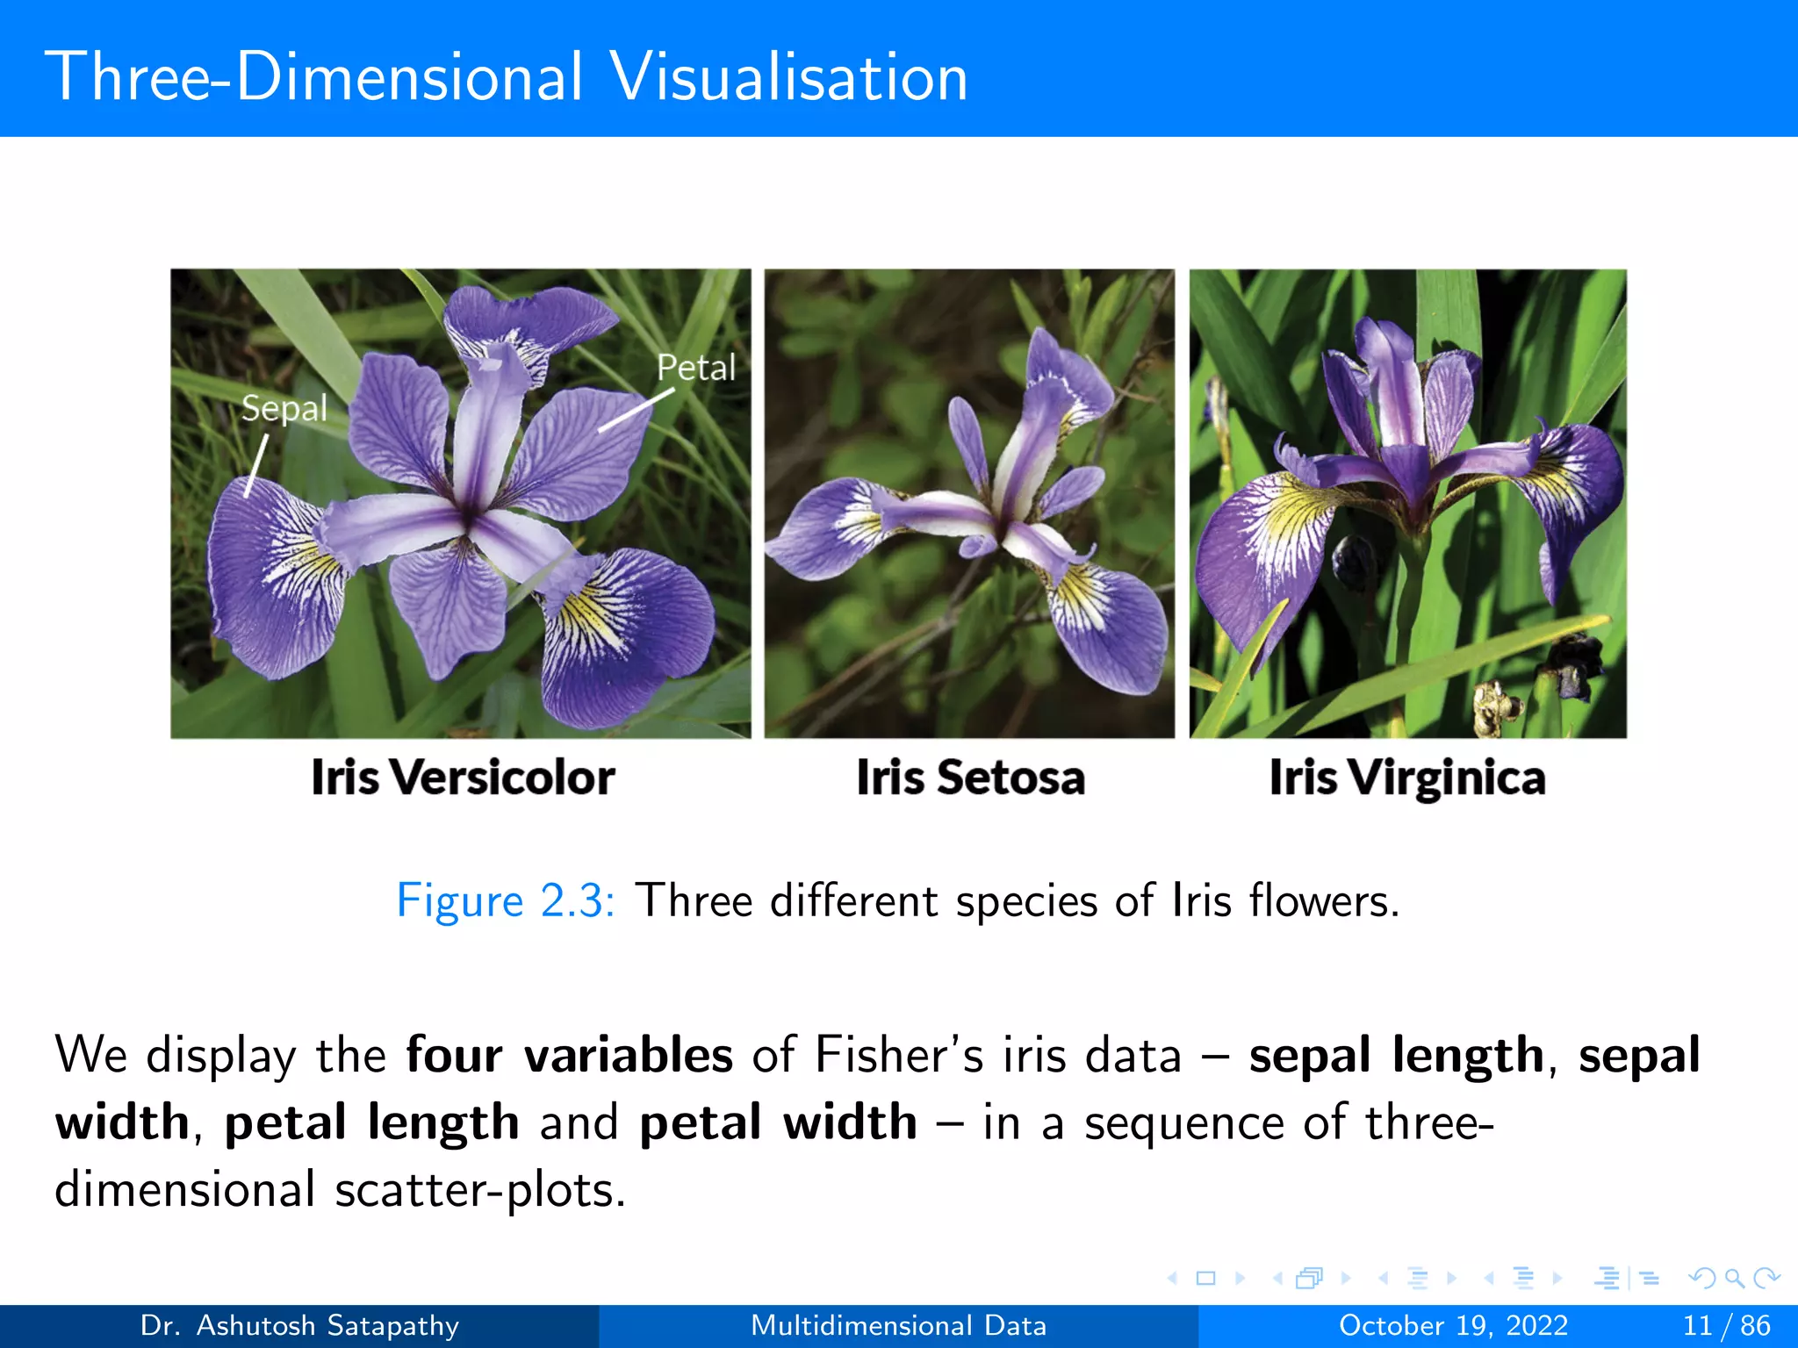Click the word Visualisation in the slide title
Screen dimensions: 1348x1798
point(788,77)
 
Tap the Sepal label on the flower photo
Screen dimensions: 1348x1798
point(284,408)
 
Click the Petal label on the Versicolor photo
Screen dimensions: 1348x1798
point(695,367)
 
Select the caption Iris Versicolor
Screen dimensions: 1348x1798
point(463,778)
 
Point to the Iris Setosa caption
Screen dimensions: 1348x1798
point(970,778)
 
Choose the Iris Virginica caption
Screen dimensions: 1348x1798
point(1406,778)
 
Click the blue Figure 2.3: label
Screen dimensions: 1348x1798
point(505,900)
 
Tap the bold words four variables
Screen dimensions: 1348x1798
point(569,1054)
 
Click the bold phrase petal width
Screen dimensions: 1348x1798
point(778,1122)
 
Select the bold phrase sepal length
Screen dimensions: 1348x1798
point(1396,1054)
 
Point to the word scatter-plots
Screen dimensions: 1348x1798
point(479,1190)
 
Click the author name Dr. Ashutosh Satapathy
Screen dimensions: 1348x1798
point(299,1325)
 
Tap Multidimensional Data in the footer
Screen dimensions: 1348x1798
point(898,1325)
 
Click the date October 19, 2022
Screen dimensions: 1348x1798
point(1453,1325)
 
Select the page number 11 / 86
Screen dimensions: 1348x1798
point(1726,1325)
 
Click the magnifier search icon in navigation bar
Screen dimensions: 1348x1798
point(1734,1278)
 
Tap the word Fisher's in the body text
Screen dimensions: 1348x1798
point(899,1054)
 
